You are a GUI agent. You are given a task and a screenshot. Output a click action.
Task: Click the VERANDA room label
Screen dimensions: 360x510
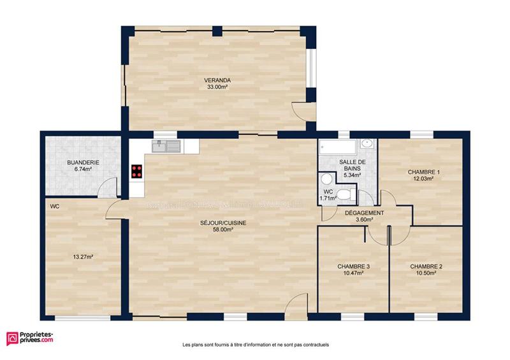pyautogui.click(x=217, y=80)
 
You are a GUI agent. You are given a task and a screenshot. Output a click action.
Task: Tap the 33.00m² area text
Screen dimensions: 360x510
pyautogui.click(x=217, y=87)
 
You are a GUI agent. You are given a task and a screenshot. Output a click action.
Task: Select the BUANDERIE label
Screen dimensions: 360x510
pyautogui.click(x=83, y=163)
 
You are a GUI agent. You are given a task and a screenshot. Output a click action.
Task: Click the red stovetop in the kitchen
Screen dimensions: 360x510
pyautogui.click(x=136, y=171)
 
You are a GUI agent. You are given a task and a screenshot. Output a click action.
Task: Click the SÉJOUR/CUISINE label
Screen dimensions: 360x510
pyautogui.click(x=223, y=223)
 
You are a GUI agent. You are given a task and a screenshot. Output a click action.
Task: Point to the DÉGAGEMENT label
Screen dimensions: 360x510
pyautogui.click(x=365, y=213)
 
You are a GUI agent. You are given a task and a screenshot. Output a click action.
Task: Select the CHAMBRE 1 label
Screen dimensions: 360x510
pyautogui.click(x=424, y=172)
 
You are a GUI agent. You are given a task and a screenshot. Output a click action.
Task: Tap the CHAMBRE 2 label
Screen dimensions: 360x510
pyautogui.click(x=426, y=266)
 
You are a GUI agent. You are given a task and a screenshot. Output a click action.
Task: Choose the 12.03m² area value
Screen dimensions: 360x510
pyautogui.click(x=424, y=179)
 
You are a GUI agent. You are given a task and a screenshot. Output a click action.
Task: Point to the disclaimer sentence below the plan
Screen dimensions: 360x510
pyautogui.click(x=255, y=344)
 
